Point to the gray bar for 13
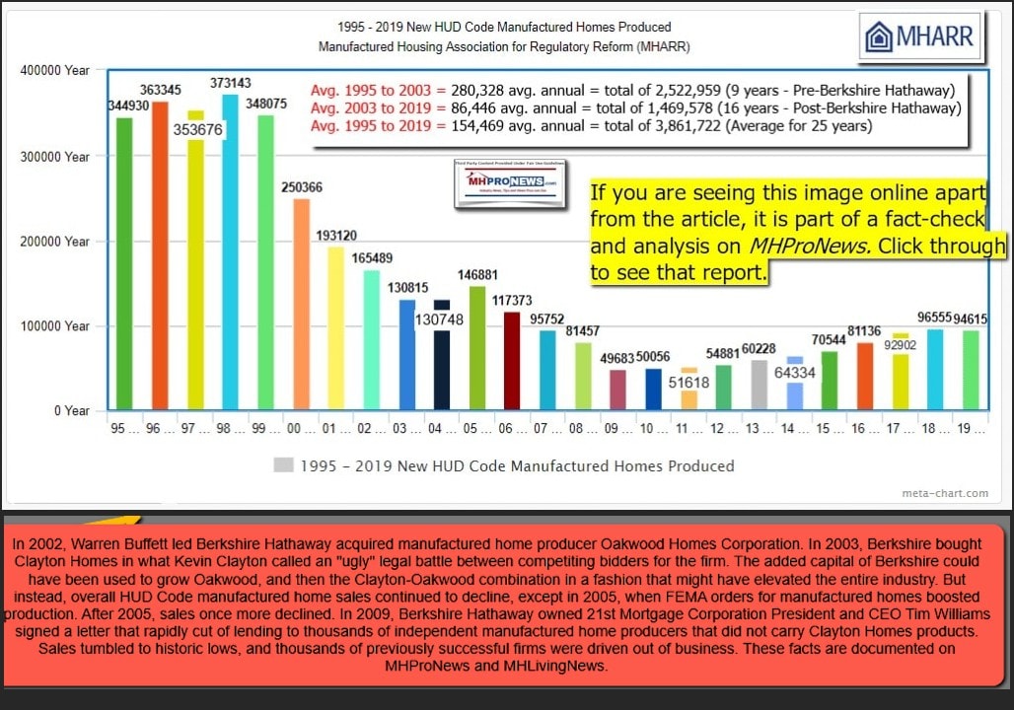[759, 385]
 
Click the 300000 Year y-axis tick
[61, 157]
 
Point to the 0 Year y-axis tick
[70, 411]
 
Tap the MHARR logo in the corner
[919, 38]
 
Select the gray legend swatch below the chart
[283, 465]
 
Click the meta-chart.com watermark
[944, 493]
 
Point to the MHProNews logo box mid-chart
[506, 184]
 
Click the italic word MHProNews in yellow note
[814, 246]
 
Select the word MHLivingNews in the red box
[564, 666]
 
